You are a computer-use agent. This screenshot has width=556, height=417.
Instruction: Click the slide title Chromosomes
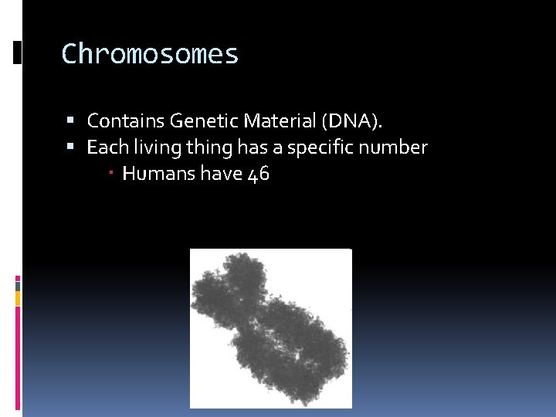coord(150,54)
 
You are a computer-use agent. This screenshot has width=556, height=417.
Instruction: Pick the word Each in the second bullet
coord(104,147)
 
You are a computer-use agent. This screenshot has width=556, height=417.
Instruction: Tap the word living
coord(150,147)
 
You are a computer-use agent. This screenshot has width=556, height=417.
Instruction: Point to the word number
coord(392,147)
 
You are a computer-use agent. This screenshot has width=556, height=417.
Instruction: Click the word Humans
coord(158,175)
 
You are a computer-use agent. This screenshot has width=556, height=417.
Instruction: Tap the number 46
coord(258,175)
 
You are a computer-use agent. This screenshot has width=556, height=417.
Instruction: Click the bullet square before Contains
coord(71,121)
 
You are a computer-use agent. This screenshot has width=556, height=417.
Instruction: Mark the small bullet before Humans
coord(111,175)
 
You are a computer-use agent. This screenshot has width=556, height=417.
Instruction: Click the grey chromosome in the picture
coord(270,328)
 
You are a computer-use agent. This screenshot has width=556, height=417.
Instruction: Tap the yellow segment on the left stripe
coord(18,297)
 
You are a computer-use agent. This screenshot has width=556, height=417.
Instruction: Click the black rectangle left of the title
coord(17,53)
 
